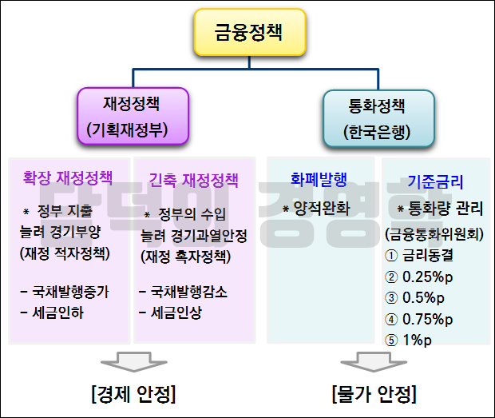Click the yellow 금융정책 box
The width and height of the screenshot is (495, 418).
click(x=248, y=33)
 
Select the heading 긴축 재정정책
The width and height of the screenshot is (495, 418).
click(x=194, y=181)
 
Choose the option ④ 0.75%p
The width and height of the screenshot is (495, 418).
click(x=419, y=320)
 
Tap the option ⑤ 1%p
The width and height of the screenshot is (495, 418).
click(x=412, y=339)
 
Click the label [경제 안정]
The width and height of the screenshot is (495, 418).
click(x=133, y=394)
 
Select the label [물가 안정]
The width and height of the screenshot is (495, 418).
click(x=374, y=394)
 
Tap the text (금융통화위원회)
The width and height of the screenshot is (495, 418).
click(x=435, y=235)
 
